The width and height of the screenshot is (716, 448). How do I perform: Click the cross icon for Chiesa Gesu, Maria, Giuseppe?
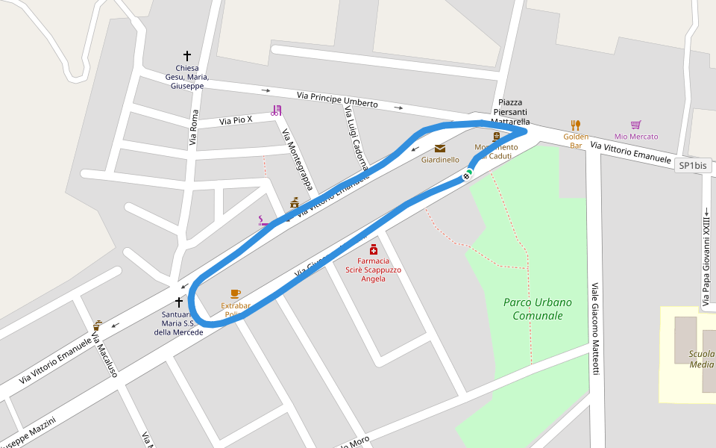point(187,56)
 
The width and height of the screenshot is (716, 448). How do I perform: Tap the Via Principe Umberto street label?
point(337,99)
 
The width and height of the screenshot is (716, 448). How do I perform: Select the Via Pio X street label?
point(236,119)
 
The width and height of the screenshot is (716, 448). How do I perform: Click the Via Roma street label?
point(195,127)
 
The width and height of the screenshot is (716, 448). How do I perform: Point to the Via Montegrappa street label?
point(297,159)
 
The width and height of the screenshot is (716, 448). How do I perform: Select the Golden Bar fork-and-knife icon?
point(575,125)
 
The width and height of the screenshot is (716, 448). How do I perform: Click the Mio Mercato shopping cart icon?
point(635,125)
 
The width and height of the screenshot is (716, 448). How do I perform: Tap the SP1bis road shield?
point(693,166)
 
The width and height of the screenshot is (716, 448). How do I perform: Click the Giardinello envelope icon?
point(440,149)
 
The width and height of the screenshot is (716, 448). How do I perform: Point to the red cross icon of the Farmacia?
point(373,249)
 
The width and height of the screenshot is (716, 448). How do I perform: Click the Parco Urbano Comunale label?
point(537,308)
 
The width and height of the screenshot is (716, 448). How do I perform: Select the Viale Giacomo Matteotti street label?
point(595,329)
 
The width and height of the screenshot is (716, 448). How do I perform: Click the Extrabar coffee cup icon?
point(236,293)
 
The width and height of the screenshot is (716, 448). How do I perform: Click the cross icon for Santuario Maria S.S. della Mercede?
point(179,302)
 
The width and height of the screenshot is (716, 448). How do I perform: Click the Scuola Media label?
point(702,359)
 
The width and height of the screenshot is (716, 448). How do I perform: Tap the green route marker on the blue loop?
point(468,175)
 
